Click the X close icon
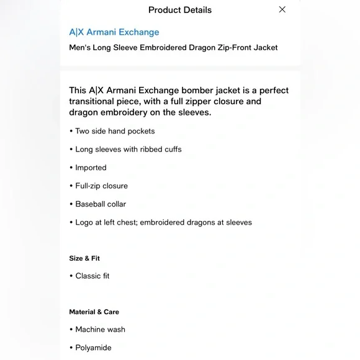[282, 9]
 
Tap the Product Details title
[180, 10]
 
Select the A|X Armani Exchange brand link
[114, 32]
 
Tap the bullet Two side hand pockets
[115, 131]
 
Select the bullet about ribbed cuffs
[128, 150]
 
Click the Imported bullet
[91, 168]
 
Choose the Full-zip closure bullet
[101, 186]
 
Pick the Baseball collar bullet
[101, 204]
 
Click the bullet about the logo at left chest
[163, 222]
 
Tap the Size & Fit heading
[84, 258]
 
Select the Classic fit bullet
[92, 276]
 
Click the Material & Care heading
[94, 312]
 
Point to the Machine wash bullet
[100, 330]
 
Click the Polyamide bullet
[93, 348]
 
